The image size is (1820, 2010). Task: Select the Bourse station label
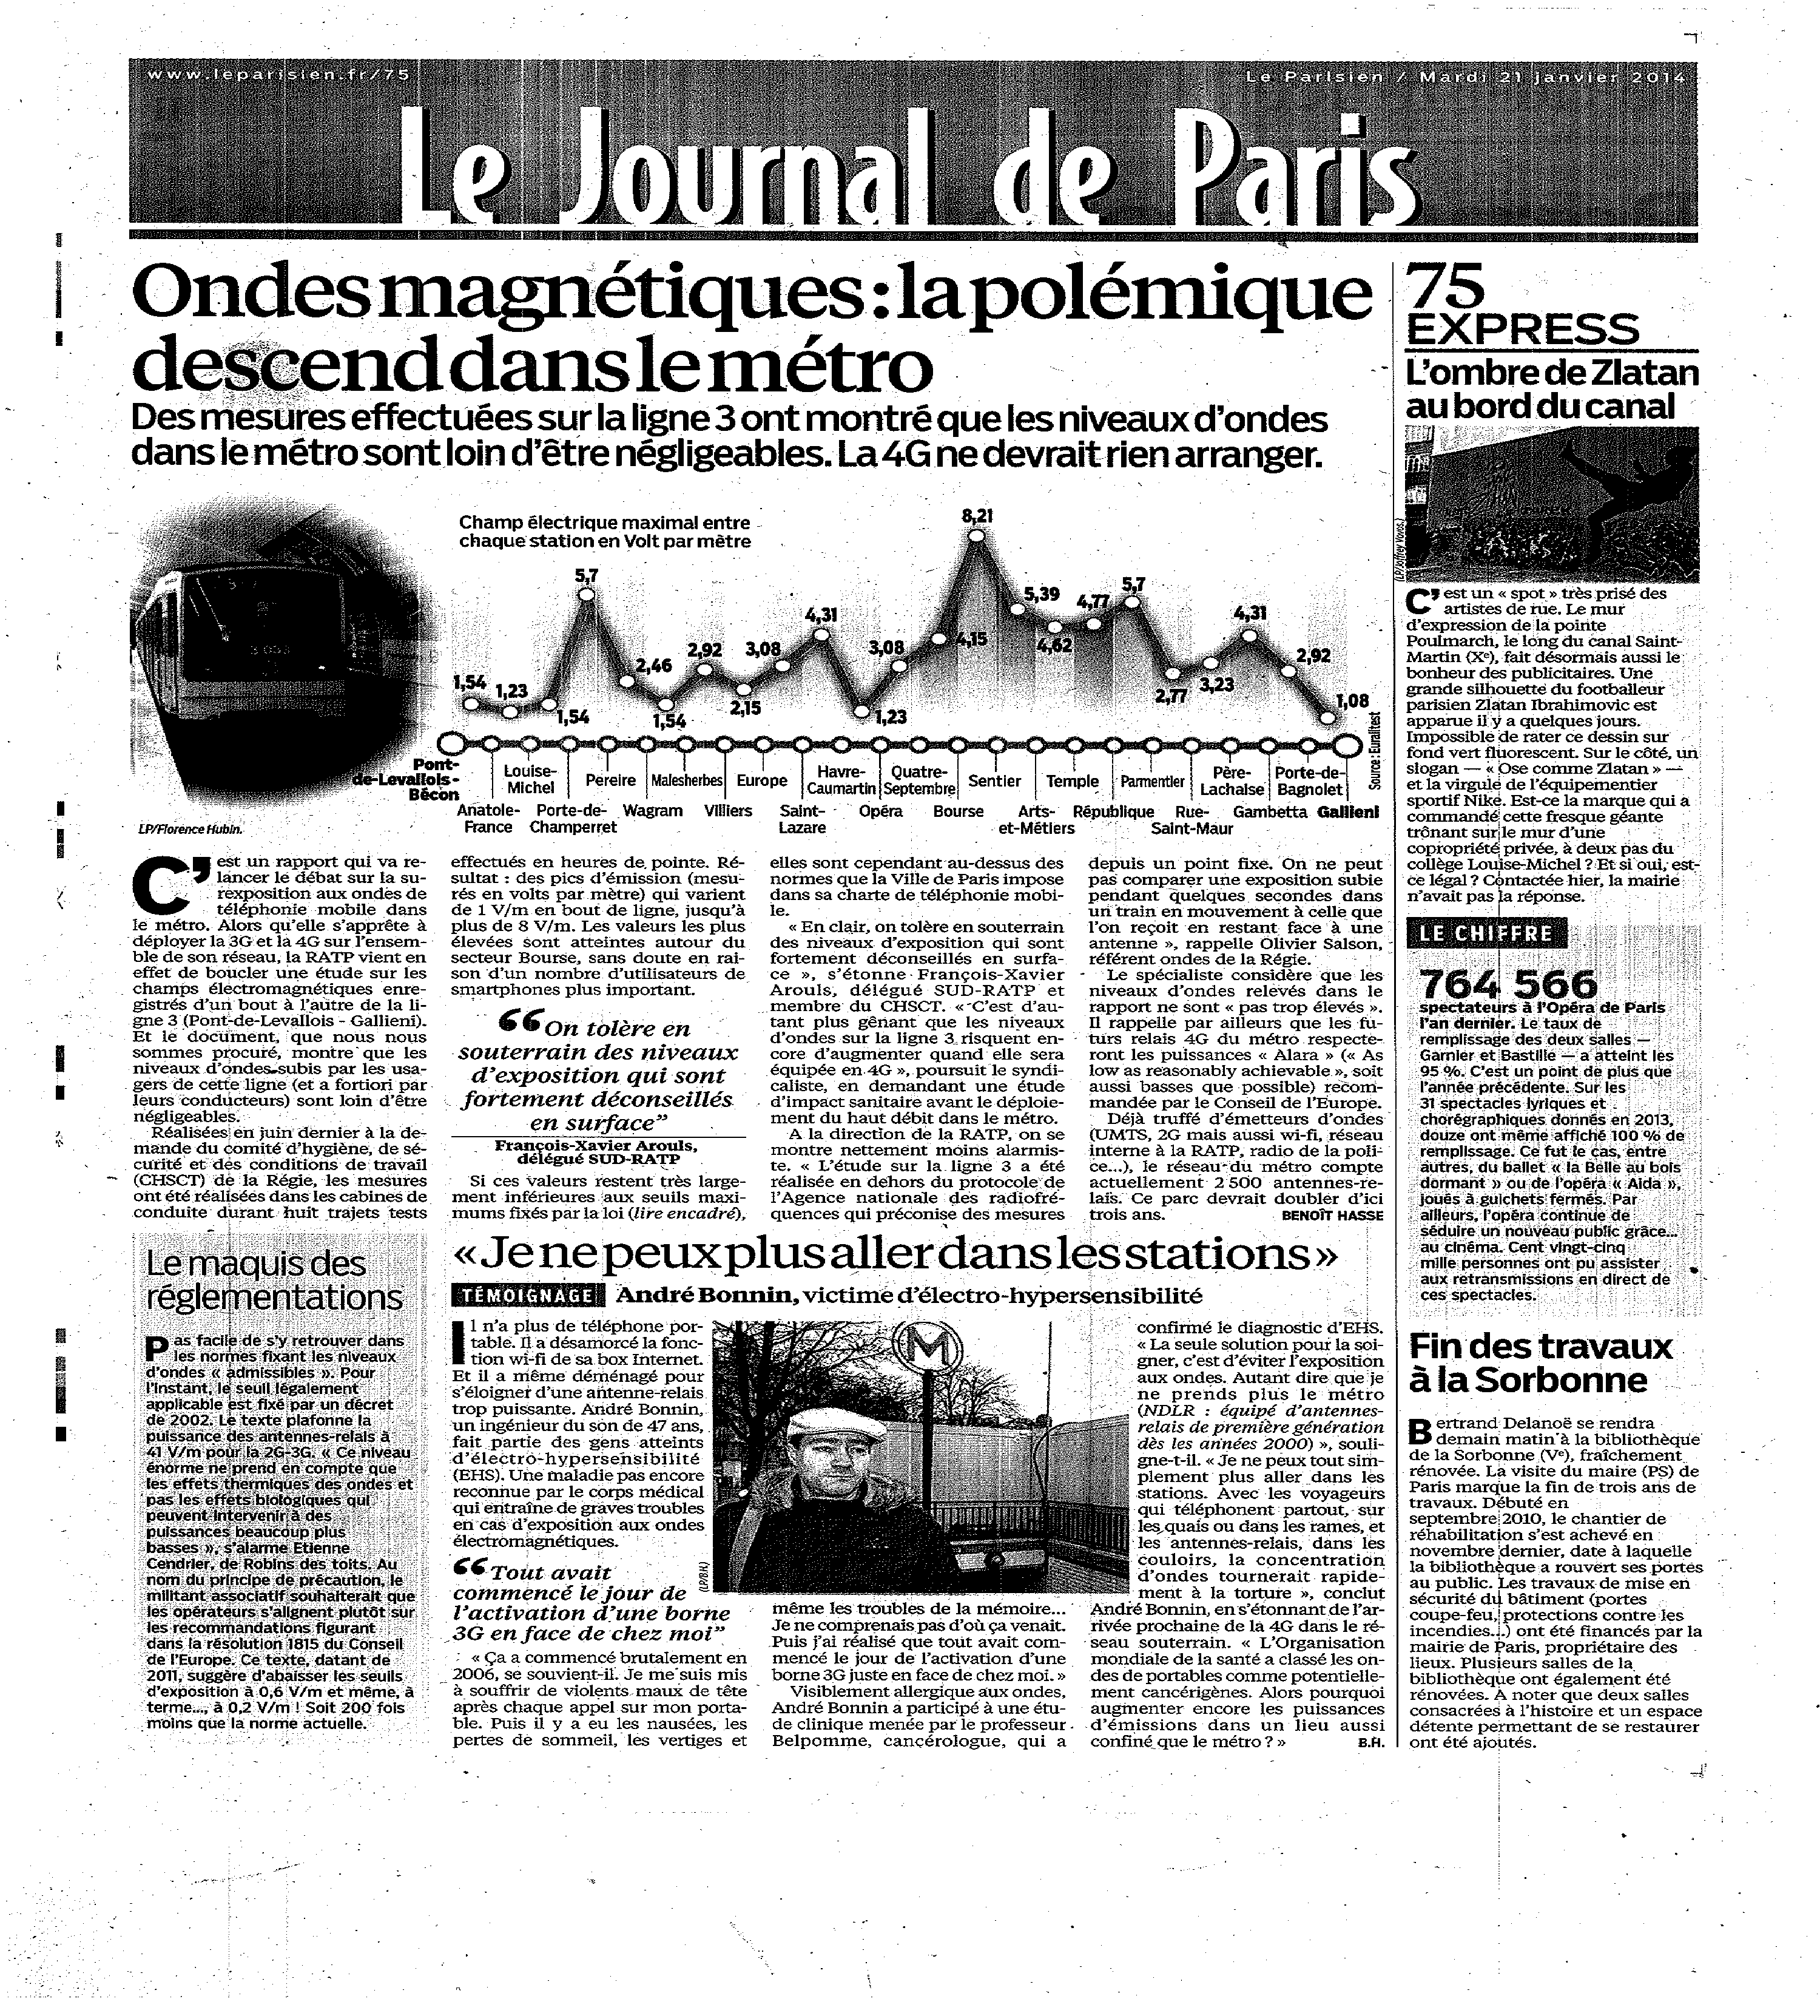click(958, 811)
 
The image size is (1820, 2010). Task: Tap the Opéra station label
click(880, 811)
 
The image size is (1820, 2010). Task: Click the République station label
click(1113, 811)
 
